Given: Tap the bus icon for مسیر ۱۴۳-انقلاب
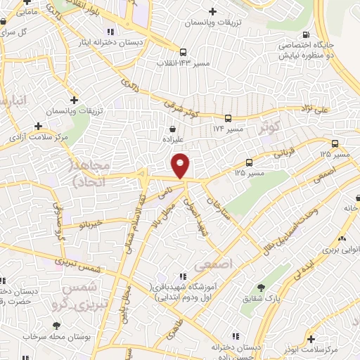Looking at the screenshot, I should (x=183, y=52).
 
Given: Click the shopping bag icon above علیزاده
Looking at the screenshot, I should (x=173, y=129).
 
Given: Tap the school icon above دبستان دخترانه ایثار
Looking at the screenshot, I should (x=110, y=32).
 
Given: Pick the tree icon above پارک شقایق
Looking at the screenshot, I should (x=261, y=287).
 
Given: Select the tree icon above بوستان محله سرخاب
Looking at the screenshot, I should (x=56, y=325).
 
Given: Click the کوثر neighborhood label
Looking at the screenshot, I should (x=271, y=129).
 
